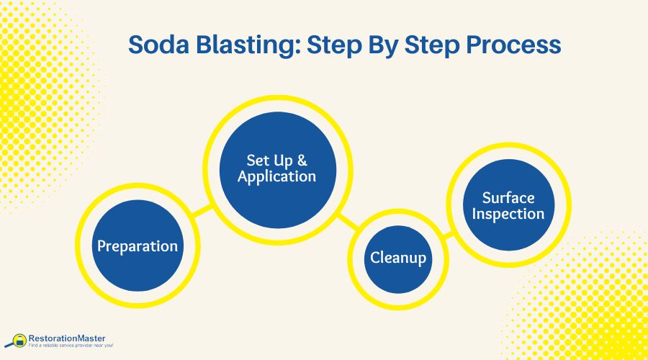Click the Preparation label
coord(138,246)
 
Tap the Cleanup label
coord(397,257)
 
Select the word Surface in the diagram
coord(508,197)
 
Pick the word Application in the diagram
coord(277,176)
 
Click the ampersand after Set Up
coord(302,159)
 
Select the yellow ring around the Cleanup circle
coord(397,215)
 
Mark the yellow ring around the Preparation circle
coord(138,189)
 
